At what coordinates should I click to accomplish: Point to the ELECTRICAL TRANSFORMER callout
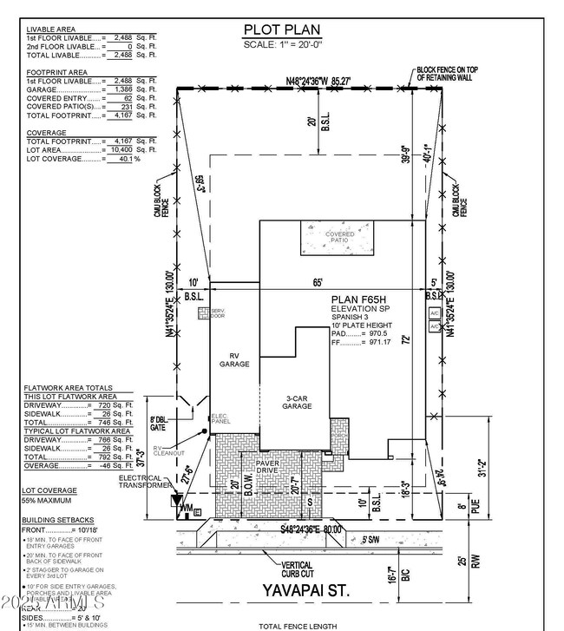[143, 482]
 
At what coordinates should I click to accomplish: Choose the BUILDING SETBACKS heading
[56, 519]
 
